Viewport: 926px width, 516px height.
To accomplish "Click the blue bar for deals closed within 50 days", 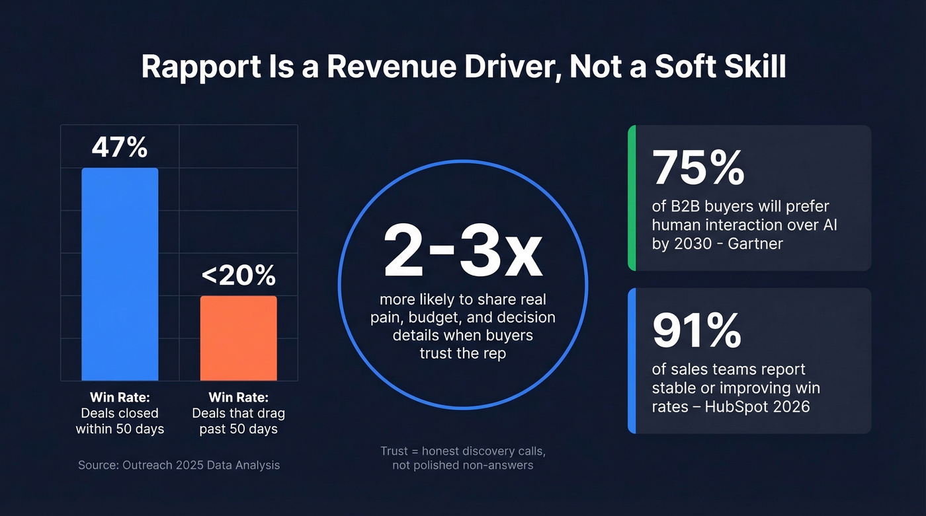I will click(120, 274).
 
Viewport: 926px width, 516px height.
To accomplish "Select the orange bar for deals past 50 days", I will click(238, 338).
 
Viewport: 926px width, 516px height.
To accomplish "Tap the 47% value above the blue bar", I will click(120, 148).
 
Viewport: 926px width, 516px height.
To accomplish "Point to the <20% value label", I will click(238, 276).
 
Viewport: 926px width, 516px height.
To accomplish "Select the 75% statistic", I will click(698, 168).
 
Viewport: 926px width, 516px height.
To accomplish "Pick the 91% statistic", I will click(696, 330).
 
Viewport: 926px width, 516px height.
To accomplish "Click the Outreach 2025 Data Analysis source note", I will click(179, 465).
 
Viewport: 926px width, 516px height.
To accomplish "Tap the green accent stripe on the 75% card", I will click(632, 198).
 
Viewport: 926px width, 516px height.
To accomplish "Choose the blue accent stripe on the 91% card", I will click(632, 361).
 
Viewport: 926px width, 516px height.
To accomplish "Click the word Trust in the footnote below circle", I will click(395, 451).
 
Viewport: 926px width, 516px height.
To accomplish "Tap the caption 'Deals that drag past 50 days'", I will click(238, 422).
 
